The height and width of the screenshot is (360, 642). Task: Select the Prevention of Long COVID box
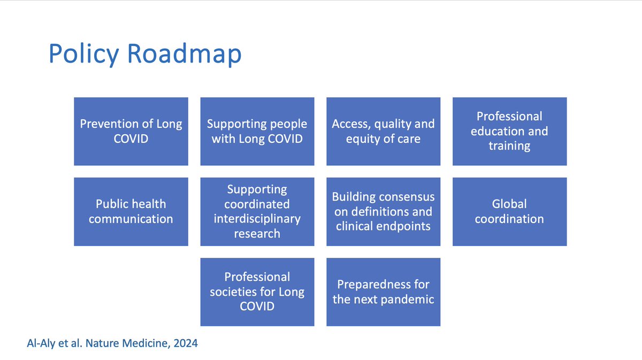(131, 131)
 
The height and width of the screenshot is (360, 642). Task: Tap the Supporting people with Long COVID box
(257, 131)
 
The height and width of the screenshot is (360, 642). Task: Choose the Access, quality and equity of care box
(383, 131)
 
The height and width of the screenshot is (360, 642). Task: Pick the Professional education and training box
(509, 131)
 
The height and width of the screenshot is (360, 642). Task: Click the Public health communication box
(131, 211)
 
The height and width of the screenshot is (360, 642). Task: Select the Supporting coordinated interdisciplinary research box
(257, 211)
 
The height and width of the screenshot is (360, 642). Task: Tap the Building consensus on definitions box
(383, 211)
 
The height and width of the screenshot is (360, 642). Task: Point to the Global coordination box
(509, 211)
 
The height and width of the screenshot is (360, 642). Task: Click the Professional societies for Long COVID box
(257, 292)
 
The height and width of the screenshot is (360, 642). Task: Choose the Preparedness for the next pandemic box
(383, 292)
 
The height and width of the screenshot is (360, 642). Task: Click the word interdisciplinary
(257, 219)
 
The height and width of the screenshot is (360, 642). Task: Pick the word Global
(509, 204)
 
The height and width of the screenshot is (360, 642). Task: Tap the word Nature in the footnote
(105, 343)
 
